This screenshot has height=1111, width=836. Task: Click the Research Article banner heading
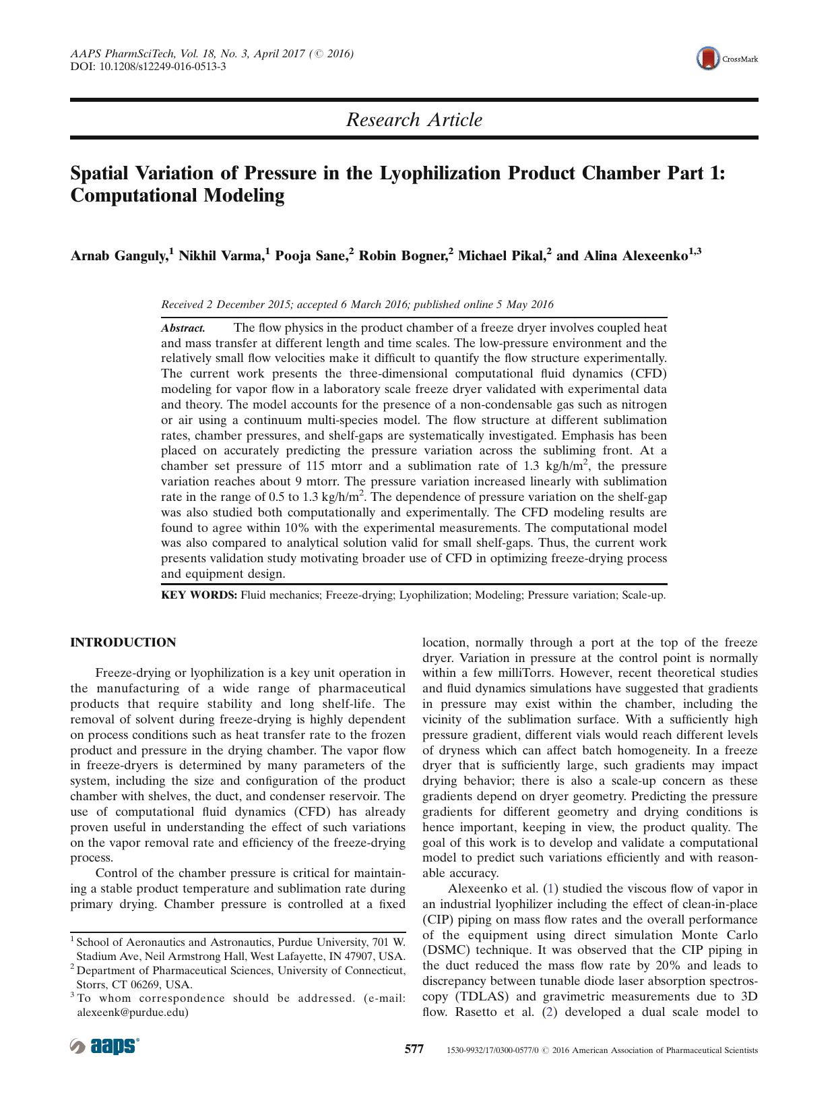(414, 120)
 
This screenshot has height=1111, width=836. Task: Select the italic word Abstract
(183, 328)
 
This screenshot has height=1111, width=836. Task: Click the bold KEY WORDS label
(199, 595)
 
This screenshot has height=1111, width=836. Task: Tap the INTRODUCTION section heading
(123, 642)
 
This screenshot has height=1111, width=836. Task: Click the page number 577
(414, 1050)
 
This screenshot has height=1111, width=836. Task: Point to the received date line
(357, 304)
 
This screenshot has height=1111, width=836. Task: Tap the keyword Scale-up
(643, 595)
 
